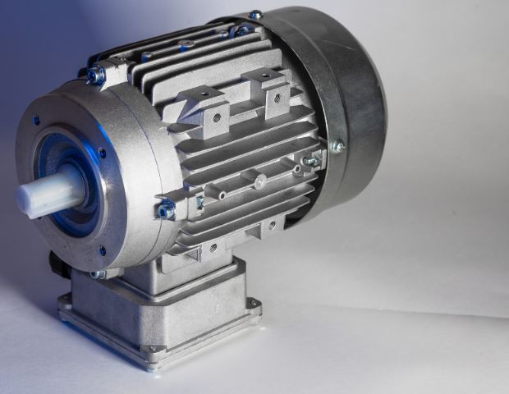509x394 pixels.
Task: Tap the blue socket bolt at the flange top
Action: point(96,76)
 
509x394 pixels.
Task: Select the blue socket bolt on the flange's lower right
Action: point(167,210)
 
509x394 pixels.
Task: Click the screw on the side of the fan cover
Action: point(337,146)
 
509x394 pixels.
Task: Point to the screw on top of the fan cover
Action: point(256,15)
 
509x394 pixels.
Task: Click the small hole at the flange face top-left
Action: point(36,120)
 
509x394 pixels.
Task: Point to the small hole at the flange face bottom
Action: point(102,250)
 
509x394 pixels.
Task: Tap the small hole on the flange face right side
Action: point(102,152)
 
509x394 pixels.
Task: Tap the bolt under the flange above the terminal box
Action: point(97,274)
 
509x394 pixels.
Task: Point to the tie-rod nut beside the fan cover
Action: point(311,161)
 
